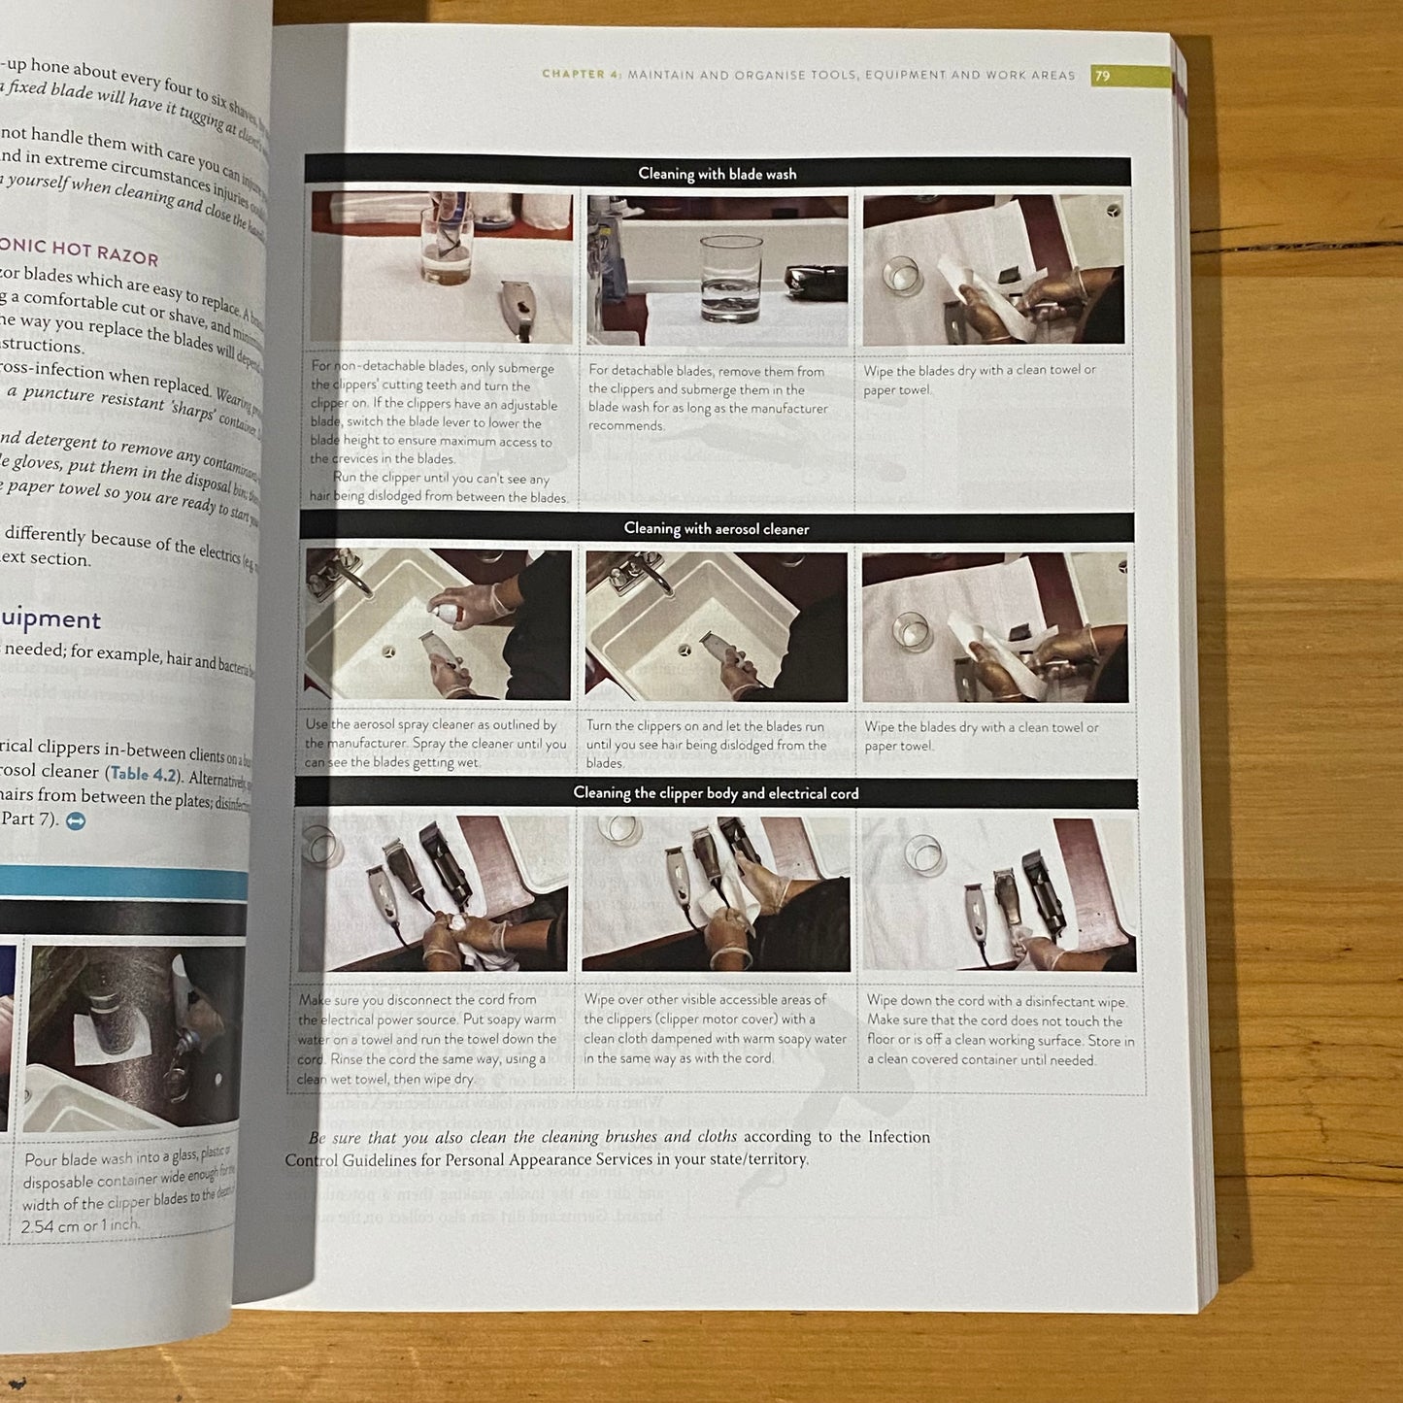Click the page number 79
pos(1102,76)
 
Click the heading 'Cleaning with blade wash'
pos(717,174)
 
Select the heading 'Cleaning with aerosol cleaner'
pos(716,528)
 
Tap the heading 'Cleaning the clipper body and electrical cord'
pos(716,793)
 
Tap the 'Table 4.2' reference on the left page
pos(143,774)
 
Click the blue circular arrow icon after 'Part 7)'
pos(76,821)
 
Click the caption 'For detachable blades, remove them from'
pos(706,371)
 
